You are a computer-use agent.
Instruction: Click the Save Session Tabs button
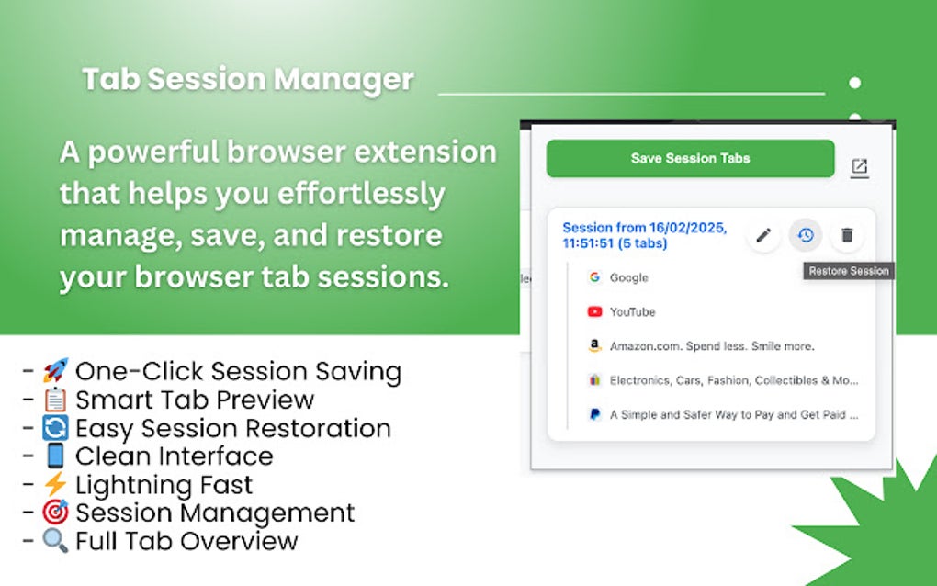690,158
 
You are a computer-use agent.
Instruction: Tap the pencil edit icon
762,235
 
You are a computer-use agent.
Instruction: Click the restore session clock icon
806,235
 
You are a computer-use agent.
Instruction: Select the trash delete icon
847,235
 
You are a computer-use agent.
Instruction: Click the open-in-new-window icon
859,167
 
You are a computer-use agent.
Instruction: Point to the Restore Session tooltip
848,271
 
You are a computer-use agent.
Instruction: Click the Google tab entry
628,277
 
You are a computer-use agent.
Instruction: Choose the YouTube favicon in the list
594,312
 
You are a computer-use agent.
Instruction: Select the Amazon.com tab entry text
712,346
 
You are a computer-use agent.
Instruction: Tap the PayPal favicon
594,414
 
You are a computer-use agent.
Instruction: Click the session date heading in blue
644,235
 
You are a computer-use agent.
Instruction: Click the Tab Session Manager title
248,80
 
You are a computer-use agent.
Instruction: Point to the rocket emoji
55,372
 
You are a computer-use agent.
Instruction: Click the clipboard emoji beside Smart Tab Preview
55,400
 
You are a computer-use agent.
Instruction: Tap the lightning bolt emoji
55,484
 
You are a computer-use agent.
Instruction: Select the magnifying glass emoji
55,541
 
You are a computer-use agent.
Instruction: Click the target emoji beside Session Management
55,513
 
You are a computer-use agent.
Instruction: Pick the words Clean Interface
174,456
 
